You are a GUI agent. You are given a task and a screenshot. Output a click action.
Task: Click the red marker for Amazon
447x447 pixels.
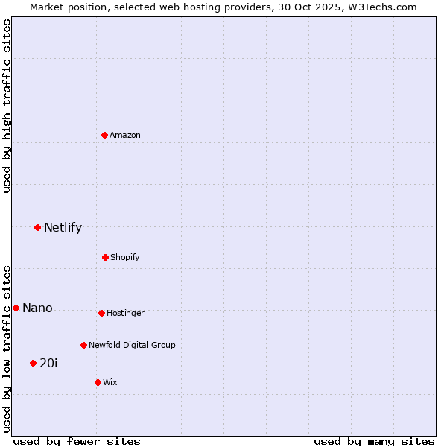click(104, 135)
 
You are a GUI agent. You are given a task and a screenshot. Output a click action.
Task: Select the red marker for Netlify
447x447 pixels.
click(37, 227)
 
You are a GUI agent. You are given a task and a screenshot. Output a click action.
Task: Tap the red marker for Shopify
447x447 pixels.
click(105, 257)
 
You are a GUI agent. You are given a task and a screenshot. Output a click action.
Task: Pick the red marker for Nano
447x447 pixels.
click(16, 308)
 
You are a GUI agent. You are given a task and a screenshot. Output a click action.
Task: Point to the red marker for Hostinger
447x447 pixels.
click(101, 313)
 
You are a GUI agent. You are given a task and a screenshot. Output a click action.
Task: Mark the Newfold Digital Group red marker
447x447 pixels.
click(83, 345)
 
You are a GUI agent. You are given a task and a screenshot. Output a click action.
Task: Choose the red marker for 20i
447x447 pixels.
click(33, 363)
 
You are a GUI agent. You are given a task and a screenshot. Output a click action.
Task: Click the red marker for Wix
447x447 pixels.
click(98, 382)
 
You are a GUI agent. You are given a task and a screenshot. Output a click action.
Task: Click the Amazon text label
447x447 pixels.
click(125, 136)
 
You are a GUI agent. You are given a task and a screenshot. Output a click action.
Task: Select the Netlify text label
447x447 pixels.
click(63, 228)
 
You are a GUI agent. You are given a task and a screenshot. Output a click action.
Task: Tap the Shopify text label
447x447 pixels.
click(125, 258)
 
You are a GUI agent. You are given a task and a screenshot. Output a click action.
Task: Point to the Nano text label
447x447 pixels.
click(37, 308)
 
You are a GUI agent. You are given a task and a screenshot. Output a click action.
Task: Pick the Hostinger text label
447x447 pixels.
click(125, 314)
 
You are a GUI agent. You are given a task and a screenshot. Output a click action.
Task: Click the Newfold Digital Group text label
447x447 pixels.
click(132, 346)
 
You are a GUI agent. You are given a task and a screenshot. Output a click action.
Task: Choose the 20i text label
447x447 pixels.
click(48, 364)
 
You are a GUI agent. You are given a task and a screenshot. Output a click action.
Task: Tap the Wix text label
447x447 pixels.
click(110, 383)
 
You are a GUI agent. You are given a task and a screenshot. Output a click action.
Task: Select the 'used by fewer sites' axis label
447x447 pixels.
click(77, 441)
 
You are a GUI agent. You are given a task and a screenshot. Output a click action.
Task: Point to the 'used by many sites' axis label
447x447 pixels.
click(374, 441)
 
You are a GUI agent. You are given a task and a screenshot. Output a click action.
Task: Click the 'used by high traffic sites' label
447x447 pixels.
click(7, 106)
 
